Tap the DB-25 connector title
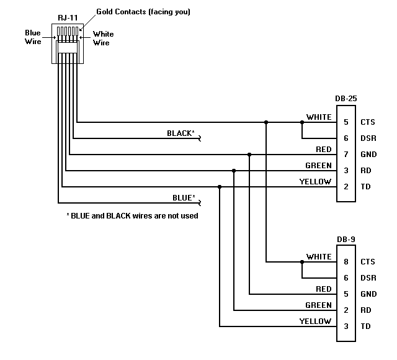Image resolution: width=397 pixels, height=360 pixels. [346, 99]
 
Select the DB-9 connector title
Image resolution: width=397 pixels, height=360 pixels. [346, 239]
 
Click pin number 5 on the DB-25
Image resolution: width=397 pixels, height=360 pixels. [346, 122]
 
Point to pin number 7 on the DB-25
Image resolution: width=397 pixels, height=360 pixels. [346, 155]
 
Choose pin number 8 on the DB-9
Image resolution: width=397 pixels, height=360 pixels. [346, 262]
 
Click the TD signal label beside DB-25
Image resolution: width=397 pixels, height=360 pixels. [366, 187]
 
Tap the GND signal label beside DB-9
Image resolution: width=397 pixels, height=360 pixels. [368, 294]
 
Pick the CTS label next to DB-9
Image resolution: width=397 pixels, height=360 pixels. [368, 262]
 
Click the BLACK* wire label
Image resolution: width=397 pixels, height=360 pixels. [181, 133]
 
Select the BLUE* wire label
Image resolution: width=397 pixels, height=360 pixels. [184, 199]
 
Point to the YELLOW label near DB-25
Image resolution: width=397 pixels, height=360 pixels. [315, 182]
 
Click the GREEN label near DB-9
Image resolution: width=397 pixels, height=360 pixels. [318, 305]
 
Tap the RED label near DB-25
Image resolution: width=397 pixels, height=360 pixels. [323, 150]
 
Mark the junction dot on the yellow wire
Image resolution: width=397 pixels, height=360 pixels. [220, 186]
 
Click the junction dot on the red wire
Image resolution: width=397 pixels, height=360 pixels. [249, 154]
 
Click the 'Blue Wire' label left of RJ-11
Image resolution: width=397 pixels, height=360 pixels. [33, 37]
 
